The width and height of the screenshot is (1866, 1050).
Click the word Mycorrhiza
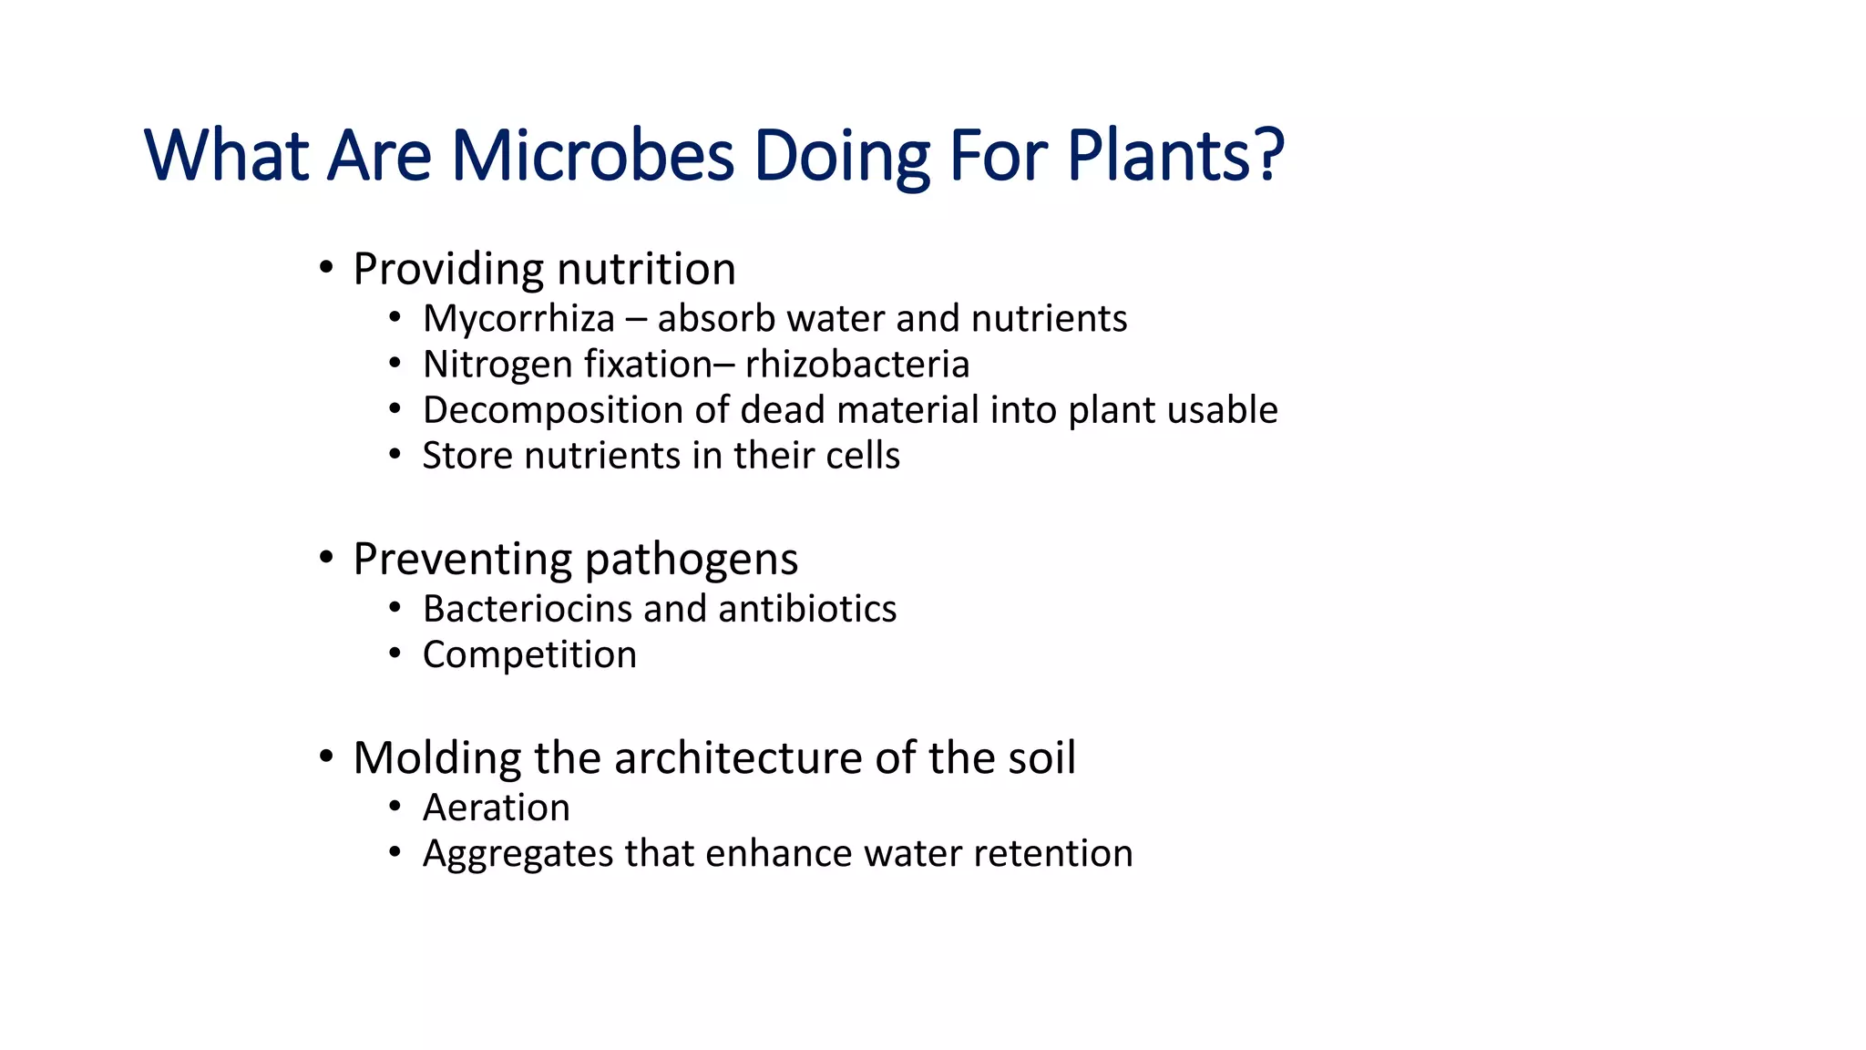518,319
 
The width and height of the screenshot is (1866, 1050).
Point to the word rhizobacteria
856,365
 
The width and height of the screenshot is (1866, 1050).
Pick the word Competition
529,655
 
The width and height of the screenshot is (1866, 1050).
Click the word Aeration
496,808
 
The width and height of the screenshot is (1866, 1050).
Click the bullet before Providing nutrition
326,268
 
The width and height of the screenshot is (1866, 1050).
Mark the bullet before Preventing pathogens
326,558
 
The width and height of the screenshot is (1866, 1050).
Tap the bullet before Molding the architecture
326,757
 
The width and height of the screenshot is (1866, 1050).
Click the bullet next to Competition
395,654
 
